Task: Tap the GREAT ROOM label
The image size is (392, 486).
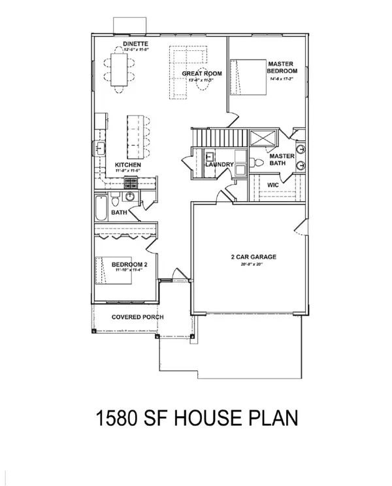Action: click(202, 74)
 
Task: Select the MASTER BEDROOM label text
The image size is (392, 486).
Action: click(282, 67)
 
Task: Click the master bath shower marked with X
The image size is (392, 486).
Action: click(263, 138)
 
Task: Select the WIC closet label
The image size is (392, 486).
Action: click(273, 185)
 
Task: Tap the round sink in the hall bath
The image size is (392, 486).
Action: click(129, 196)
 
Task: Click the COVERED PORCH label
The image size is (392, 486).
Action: click(137, 317)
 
